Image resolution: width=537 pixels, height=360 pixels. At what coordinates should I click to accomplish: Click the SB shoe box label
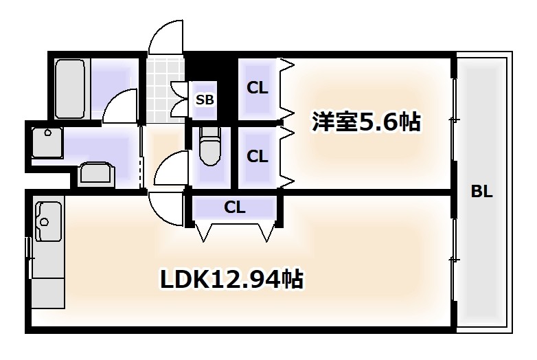click(205, 100)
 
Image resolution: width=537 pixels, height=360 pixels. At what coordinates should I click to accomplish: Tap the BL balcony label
click(481, 191)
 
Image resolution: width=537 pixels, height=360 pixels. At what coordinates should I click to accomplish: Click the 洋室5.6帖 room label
click(366, 122)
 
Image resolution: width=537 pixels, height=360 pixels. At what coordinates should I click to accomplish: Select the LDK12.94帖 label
click(232, 279)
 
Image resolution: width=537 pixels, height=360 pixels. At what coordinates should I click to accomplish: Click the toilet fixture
click(210, 146)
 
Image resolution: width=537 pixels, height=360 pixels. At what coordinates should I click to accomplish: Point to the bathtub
click(70, 89)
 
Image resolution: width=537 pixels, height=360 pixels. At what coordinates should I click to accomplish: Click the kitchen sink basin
click(48, 222)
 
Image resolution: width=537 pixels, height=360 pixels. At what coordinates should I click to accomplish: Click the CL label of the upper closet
click(258, 88)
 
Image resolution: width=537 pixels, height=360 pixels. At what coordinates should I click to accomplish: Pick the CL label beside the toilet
click(258, 157)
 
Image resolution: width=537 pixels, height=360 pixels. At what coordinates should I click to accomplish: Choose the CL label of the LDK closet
click(235, 207)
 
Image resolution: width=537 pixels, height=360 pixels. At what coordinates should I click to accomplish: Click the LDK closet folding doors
click(236, 231)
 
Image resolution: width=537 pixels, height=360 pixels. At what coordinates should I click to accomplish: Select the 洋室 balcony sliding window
click(454, 120)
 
